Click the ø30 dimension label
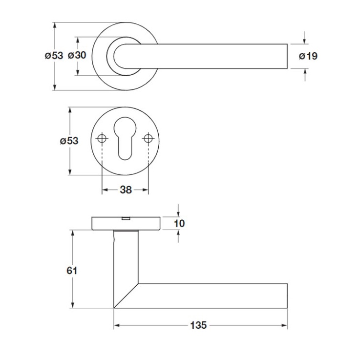click(77, 55)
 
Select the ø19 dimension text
click(308, 56)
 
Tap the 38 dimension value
click(126, 190)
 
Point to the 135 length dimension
click(198, 325)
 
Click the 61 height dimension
click(72, 271)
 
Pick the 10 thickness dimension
click(179, 223)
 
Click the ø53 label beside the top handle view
click(54, 55)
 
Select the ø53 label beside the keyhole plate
click(69, 141)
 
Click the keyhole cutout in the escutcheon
click(125, 138)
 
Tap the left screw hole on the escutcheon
click(102, 138)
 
